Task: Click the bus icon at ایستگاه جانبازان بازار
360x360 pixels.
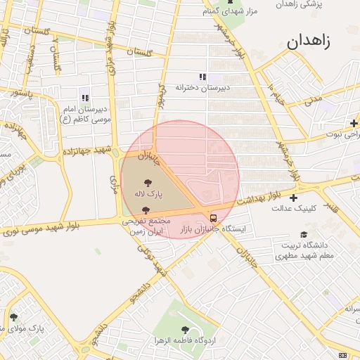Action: [x=214, y=218]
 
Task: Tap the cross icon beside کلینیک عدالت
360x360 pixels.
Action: [x=293, y=198]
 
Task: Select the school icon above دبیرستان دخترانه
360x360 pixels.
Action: [x=202, y=77]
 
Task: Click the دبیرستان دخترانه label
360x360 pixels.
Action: [x=203, y=87]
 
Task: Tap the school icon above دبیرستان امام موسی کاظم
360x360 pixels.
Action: [x=85, y=98]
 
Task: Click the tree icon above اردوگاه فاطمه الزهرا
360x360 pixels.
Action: [x=185, y=329]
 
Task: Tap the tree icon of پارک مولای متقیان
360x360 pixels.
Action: [x=13, y=317]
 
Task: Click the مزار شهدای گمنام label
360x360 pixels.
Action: [x=230, y=11]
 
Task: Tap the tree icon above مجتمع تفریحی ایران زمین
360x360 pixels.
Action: [x=146, y=210]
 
